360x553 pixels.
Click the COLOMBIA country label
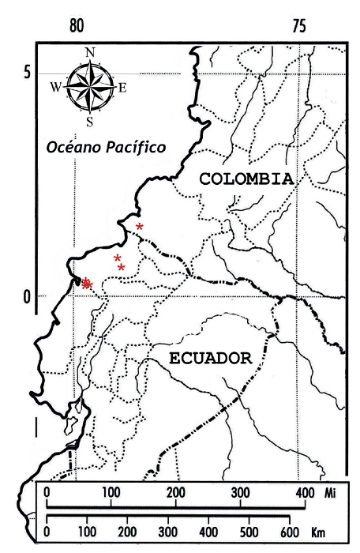click(x=246, y=179)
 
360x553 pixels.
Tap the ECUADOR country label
click(x=210, y=357)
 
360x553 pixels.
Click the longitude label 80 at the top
click(x=76, y=25)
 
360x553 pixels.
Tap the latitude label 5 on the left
click(x=25, y=73)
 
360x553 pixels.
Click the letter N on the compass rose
click(x=90, y=53)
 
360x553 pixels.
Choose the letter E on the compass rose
click(x=122, y=88)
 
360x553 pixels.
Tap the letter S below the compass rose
click(x=90, y=122)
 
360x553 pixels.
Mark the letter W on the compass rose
click(x=56, y=88)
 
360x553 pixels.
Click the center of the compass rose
click(x=90, y=87)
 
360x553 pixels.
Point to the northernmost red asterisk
click(x=140, y=228)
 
